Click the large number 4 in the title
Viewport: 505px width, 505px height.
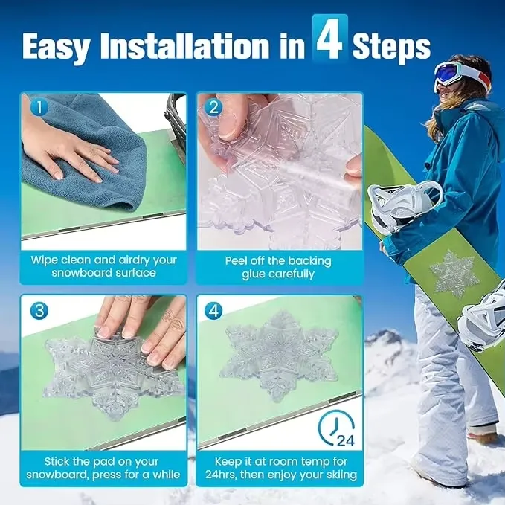(x=330, y=39)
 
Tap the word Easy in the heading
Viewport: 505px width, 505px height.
(x=56, y=48)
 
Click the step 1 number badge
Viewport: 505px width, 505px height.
(x=39, y=107)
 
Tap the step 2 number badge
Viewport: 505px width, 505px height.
(x=213, y=107)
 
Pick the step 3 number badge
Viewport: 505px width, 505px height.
(x=39, y=311)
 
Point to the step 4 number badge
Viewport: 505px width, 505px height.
(x=213, y=311)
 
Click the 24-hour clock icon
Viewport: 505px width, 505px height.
(x=337, y=428)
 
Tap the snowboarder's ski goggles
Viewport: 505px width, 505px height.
(x=457, y=74)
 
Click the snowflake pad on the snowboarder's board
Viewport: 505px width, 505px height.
(x=452, y=274)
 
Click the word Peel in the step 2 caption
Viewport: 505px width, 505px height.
(x=236, y=261)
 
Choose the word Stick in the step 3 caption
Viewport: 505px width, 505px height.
(x=57, y=462)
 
